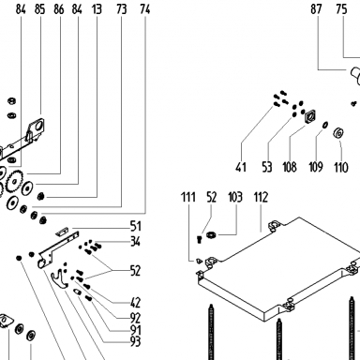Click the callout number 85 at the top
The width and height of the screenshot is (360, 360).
click(x=39, y=9)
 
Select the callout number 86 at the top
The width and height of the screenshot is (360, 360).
click(x=59, y=9)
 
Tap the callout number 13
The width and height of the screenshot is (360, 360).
click(x=97, y=9)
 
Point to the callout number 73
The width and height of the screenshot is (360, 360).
click(x=122, y=9)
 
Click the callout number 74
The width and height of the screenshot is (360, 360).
click(x=145, y=9)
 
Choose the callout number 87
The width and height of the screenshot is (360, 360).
click(x=316, y=9)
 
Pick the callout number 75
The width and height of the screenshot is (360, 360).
click(x=341, y=9)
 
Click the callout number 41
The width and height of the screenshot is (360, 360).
click(x=241, y=167)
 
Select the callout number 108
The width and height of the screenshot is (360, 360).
click(x=290, y=167)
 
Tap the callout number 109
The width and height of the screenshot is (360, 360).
click(x=316, y=167)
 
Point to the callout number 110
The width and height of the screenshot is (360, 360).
click(x=341, y=168)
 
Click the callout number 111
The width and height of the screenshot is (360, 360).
click(x=188, y=198)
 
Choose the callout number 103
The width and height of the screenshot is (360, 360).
click(x=235, y=198)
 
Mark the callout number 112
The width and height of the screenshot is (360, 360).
click(x=261, y=198)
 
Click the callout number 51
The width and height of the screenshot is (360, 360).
click(x=136, y=226)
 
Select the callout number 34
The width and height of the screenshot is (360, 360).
click(x=136, y=242)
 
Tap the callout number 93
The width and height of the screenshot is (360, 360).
click(x=136, y=342)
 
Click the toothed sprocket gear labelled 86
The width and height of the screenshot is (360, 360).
click(x=14, y=181)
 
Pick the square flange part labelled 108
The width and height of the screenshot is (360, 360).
click(x=309, y=117)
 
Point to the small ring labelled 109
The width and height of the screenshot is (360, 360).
click(x=325, y=125)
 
